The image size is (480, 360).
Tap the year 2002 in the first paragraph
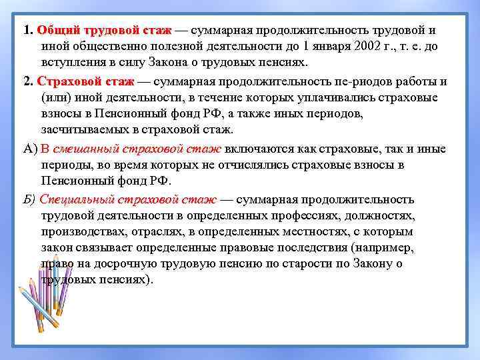357,47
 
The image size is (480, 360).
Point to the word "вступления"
73,63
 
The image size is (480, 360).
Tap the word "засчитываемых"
85,129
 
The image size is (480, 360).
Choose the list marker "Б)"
30,199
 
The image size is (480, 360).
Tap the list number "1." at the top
28,31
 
